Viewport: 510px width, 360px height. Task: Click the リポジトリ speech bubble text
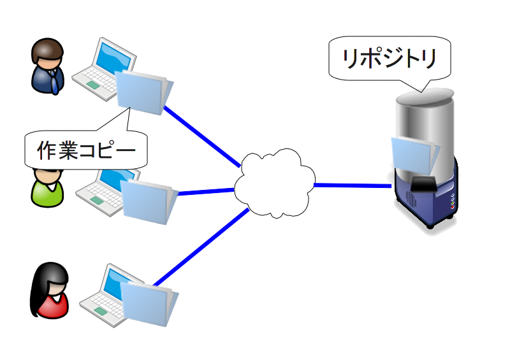click(390, 58)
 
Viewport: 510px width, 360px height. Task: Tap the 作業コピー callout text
click(86, 150)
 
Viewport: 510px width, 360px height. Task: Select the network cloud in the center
click(275, 184)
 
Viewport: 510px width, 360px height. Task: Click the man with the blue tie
click(48, 66)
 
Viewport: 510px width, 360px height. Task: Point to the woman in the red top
click(50, 290)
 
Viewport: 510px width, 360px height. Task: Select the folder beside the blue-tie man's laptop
click(145, 92)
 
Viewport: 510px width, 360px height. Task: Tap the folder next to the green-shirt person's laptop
click(149, 201)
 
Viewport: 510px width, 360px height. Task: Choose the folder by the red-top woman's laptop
click(149, 303)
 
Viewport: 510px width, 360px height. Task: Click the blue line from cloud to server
click(353, 185)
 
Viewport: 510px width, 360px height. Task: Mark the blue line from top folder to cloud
click(202, 136)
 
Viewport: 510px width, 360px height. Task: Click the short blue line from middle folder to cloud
click(206, 192)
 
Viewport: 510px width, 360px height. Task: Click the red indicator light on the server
click(453, 207)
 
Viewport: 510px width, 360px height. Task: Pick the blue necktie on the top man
click(54, 82)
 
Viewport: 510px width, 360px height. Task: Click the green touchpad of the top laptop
click(93, 85)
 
